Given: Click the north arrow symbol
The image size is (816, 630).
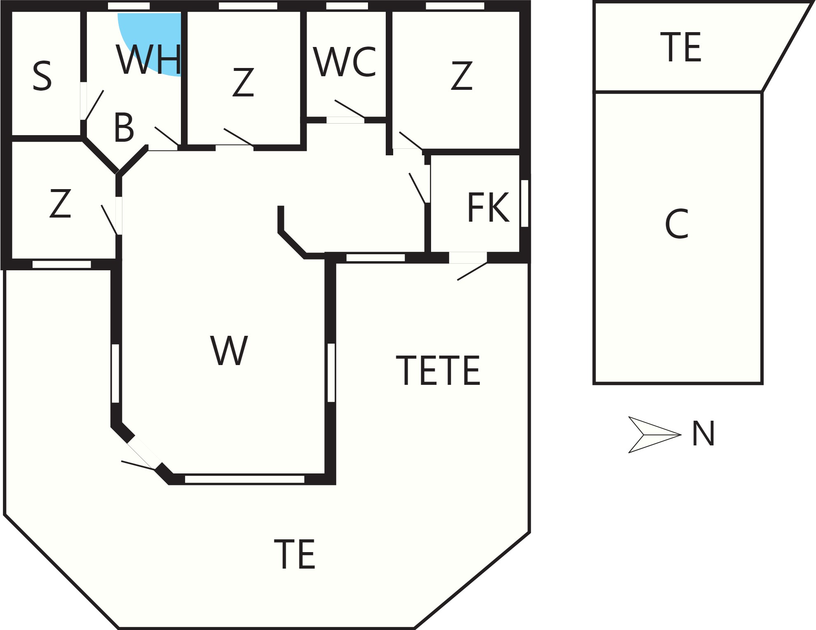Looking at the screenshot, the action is [654, 435].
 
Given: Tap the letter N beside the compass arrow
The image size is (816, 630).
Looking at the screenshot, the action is [703, 434].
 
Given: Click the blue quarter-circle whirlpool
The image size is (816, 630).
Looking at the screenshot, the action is [150, 44].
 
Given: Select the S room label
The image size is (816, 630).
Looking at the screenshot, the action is [42, 76].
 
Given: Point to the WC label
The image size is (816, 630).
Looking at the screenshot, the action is [345, 62].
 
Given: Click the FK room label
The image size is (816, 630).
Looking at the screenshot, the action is [488, 208].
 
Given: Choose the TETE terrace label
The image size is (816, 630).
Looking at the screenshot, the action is [438, 370].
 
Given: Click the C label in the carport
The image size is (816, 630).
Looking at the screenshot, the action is [677, 224].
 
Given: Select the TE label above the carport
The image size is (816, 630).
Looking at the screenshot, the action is [680, 47].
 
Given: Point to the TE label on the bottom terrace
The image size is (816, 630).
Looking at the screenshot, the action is [295, 554].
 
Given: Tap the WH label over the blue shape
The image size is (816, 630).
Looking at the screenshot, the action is [149, 60].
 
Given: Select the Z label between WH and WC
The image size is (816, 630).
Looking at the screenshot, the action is [243, 83].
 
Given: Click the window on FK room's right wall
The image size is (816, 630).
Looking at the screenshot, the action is [525, 203].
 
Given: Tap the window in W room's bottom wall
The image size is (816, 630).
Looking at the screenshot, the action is [244, 479].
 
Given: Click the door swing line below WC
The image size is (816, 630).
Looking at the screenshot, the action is [349, 109].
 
